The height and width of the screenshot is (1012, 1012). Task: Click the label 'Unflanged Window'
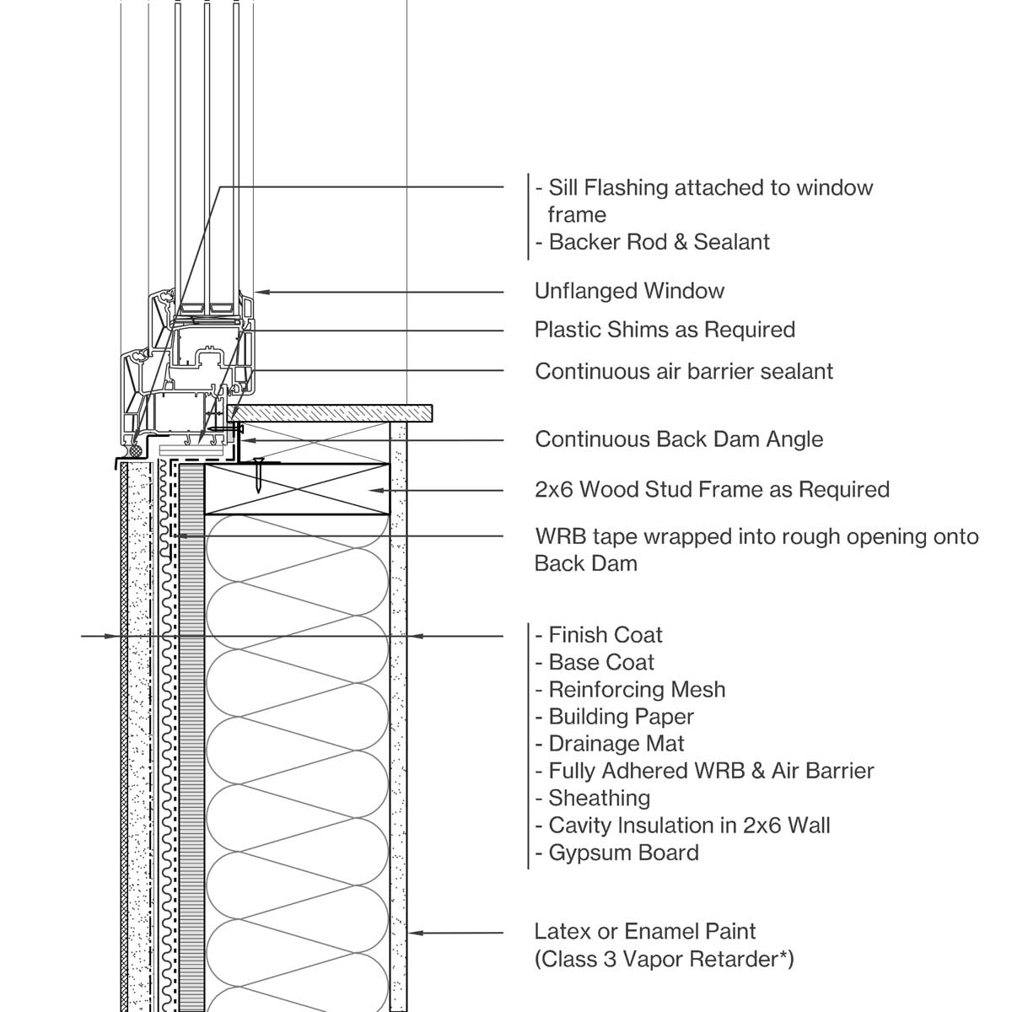pyautogui.click(x=629, y=291)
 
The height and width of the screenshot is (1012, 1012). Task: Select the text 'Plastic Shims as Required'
pyautogui.click(x=665, y=329)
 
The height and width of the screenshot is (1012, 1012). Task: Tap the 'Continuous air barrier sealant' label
pyautogui.click(x=684, y=371)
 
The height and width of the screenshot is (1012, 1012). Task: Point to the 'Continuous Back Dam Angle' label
pyautogui.click(x=679, y=439)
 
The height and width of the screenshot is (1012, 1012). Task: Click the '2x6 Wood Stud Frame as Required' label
pyautogui.click(x=712, y=489)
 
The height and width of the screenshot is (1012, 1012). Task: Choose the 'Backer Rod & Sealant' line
pyautogui.click(x=659, y=242)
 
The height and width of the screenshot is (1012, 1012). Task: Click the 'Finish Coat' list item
pyautogui.click(x=605, y=635)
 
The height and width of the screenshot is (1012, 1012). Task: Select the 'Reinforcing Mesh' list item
pyautogui.click(x=637, y=689)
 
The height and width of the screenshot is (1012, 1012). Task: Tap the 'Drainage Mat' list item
pyautogui.click(x=616, y=744)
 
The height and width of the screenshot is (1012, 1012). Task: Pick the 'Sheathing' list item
pyautogui.click(x=599, y=798)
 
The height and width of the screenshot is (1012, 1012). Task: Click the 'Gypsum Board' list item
pyautogui.click(x=623, y=853)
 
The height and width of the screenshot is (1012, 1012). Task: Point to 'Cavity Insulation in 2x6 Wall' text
pyautogui.click(x=689, y=825)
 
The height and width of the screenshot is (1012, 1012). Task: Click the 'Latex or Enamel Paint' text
pyautogui.click(x=645, y=932)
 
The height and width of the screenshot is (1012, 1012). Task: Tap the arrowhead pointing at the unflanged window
pyautogui.click(x=261, y=292)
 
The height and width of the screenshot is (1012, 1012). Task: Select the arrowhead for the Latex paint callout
pyautogui.click(x=414, y=933)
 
